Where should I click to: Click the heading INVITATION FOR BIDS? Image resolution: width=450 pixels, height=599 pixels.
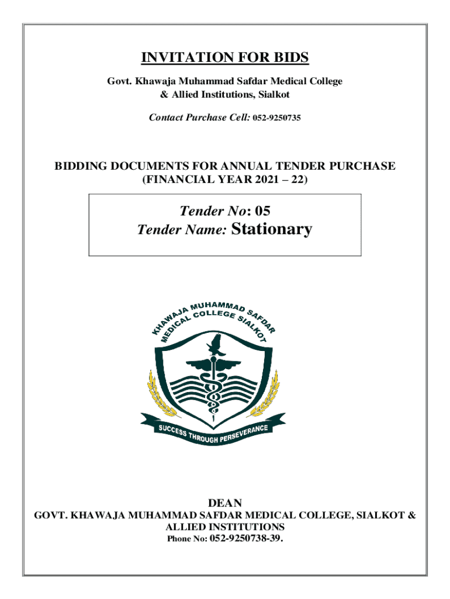coord(225,58)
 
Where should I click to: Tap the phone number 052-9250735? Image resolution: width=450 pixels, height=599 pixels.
coord(276,118)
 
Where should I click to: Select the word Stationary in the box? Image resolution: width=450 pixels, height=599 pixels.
coord(272,229)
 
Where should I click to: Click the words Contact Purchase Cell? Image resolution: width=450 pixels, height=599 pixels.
coord(199,118)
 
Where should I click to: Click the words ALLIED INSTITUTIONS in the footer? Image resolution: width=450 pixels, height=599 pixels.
coord(225,527)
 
